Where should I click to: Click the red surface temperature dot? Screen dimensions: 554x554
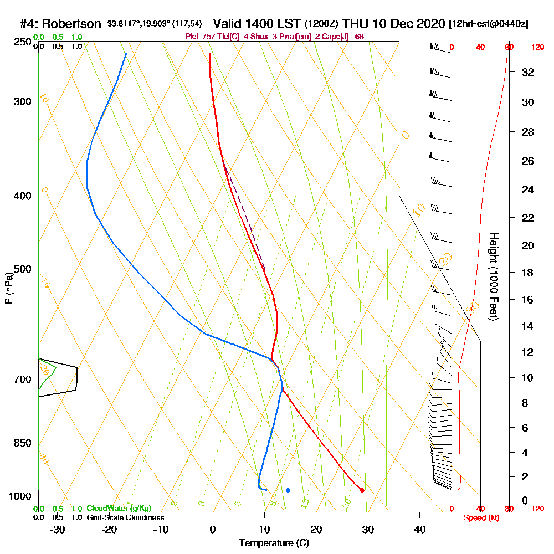click(x=362, y=490)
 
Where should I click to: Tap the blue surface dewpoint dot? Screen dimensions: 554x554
click(x=288, y=490)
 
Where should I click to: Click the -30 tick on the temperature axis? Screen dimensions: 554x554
click(x=58, y=529)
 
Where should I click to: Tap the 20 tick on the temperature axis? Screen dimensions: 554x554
click(x=316, y=529)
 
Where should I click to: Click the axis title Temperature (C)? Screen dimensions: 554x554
click(x=274, y=543)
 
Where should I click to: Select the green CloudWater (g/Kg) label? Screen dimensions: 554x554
click(x=119, y=509)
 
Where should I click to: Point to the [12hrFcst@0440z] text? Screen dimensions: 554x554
click(x=489, y=24)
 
